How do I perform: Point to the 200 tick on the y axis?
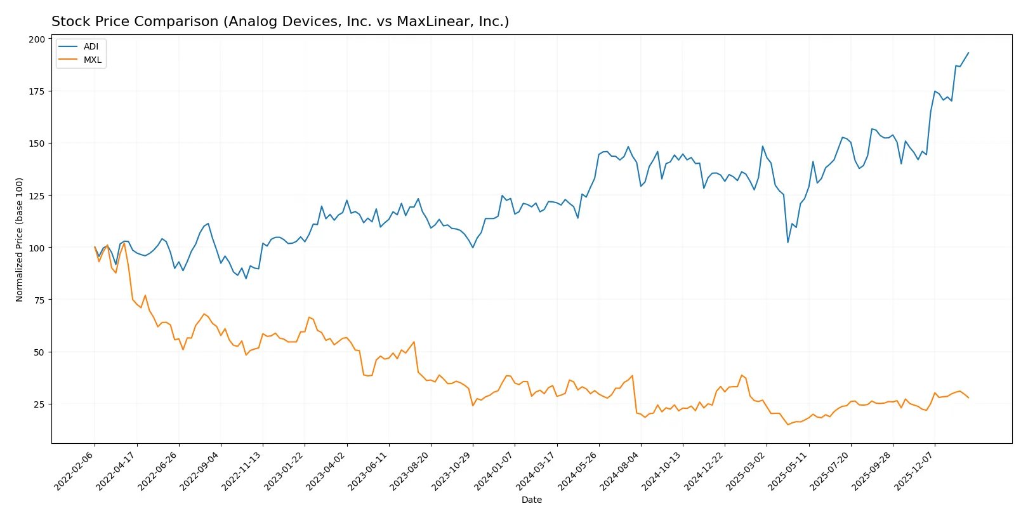pos(37,39)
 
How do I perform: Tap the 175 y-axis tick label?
pos(37,91)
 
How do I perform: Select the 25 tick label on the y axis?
pos(39,404)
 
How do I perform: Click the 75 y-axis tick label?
pos(39,300)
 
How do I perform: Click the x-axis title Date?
pos(531,500)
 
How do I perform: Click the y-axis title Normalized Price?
pos(20,239)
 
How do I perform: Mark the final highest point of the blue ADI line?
pos(968,53)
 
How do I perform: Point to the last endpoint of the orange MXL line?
pos(968,398)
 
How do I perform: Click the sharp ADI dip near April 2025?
pos(788,243)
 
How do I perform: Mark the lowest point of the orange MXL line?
pos(788,424)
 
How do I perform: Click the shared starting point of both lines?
pos(95,247)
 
